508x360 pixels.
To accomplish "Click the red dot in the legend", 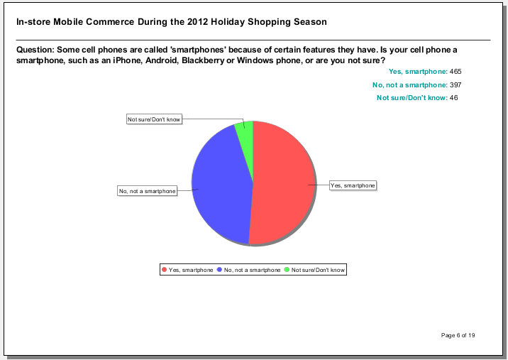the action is coord(165,270).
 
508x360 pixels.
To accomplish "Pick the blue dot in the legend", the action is coord(219,270).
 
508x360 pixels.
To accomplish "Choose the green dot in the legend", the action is coord(287,270).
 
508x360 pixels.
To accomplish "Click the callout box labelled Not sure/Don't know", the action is coord(154,119).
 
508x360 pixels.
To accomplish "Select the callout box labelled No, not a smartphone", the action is coord(148,191).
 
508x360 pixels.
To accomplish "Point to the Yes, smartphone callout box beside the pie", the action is coord(353,185).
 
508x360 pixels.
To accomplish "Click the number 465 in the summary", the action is coord(455,71).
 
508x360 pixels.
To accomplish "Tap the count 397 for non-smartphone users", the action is coord(455,84).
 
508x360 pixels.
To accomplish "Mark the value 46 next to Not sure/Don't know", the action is coord(453,97).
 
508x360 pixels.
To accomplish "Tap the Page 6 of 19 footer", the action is coord(458,335).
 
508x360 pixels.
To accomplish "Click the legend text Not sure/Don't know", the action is coord(318,270).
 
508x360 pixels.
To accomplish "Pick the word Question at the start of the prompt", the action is coord(35,50).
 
